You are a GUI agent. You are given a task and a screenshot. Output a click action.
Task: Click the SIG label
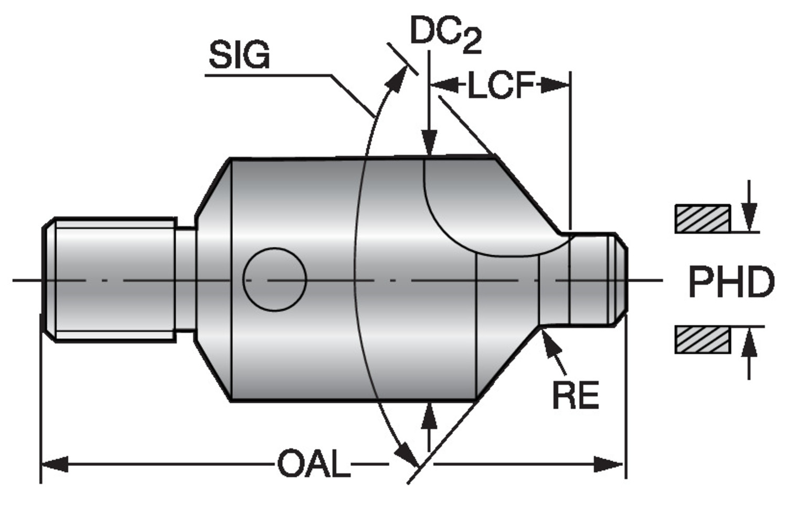pyautogui.click(x=239, y=55)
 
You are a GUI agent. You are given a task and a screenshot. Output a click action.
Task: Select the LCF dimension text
pyautogui.click(x=501, y=85)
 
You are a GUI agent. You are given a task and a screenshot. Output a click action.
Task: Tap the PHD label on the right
pyautogui.click(x=731, y=282)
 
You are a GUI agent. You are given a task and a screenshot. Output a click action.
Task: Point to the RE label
pyautogui.click(x=575, y=395)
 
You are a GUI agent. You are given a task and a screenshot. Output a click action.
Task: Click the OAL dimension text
pyautogui.click(x=314, y=464)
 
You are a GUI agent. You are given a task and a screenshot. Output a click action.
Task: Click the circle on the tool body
pyautogui.click(x=274, y=279)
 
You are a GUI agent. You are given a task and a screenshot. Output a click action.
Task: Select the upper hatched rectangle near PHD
pyautogui.click(x=702, y=219)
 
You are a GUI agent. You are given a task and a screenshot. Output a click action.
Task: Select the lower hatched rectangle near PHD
pyautogui.click(x=702, y=340)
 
